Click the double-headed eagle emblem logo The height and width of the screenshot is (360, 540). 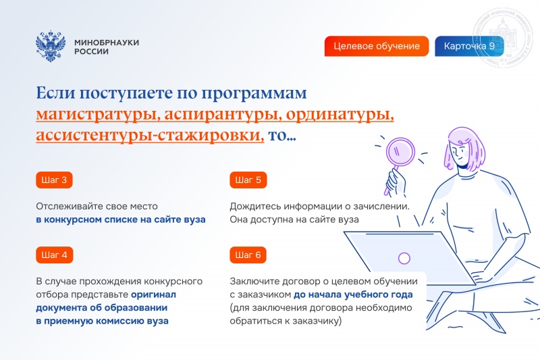tap(51, 47)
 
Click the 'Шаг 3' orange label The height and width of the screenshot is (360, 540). tap(54, 180)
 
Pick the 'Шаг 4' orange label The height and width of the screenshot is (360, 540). tap(54, 255)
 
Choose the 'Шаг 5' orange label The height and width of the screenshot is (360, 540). tap(248, 180)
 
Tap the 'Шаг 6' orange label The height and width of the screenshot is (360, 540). tap(248, 255)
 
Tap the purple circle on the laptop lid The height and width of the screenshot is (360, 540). tap(404, 258)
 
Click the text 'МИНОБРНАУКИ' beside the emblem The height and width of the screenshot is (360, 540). tap(107, 42)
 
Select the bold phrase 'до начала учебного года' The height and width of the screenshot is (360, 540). tap(353, 295)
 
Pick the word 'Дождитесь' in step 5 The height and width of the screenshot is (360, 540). tap(253, 207)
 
